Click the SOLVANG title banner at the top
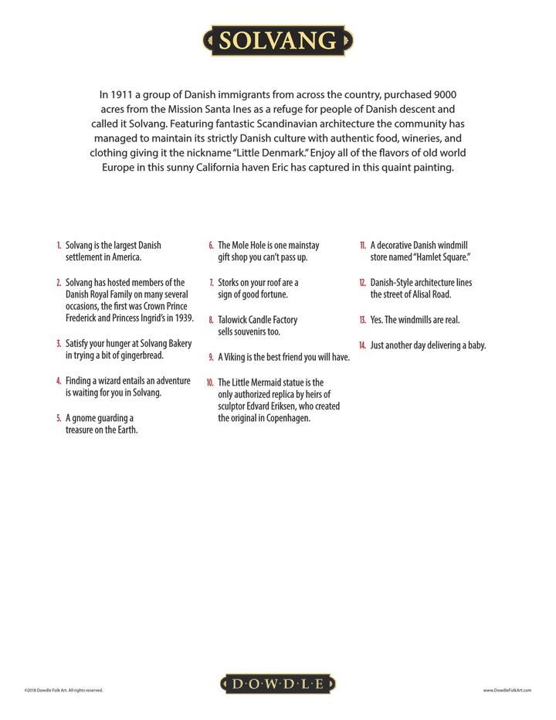[277, 41]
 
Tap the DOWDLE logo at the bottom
[277, 684]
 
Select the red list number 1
[58, 246]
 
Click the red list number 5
[58, 419]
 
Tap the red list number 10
[209, 382]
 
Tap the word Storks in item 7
[230, 283]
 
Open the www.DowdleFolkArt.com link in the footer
[507, 690]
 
